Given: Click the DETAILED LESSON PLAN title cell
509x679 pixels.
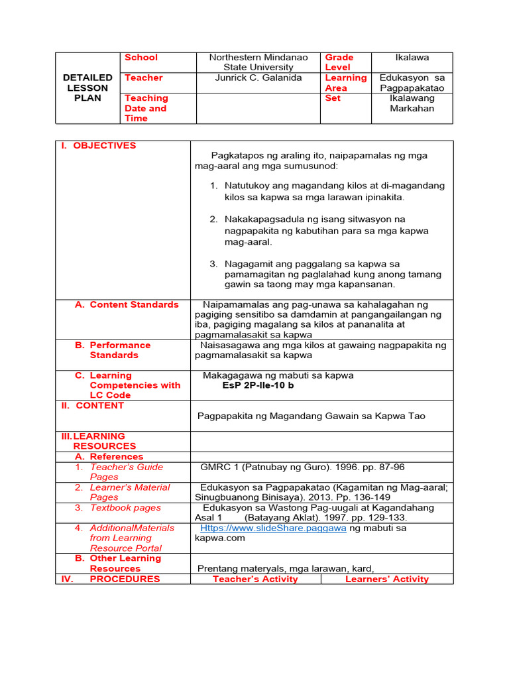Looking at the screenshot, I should [87, 88].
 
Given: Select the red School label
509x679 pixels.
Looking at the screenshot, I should [141, 58].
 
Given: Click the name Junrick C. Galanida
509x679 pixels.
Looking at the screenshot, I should [258, 78].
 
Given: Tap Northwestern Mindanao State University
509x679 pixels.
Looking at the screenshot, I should [258, 62].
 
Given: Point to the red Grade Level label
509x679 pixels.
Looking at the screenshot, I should [339, 62].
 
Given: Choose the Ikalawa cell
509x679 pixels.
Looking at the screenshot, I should [412, 58].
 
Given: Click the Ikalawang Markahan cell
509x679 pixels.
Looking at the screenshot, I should [412, 103].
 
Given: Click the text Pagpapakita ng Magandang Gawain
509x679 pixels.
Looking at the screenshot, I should [311, 416].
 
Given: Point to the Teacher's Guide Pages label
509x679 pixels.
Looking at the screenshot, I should [126, 471].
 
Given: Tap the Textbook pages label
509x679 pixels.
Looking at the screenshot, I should [125, 507].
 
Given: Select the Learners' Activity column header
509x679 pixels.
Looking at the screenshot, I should [387, 579].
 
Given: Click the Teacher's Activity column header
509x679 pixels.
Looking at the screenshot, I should [255, 579].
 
